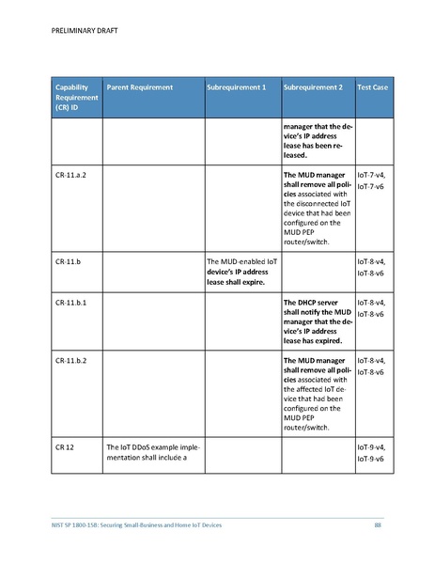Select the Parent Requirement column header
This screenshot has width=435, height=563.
coord(140,87)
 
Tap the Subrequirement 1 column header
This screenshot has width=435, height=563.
coord(236,87)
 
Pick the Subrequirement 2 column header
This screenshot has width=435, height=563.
coord(313,87)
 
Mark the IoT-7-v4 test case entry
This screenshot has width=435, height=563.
coord(372,176)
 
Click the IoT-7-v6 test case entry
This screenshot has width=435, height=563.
coord(372,188)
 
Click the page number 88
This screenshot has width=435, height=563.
coord(378,524)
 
